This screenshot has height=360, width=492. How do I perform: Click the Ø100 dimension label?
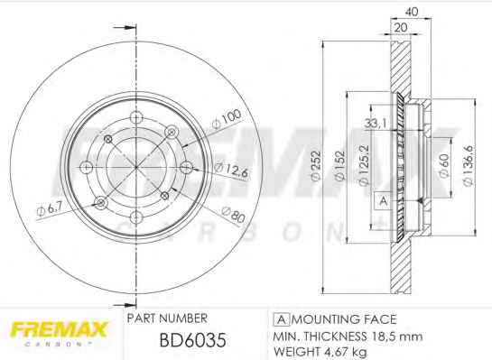click(x=227, y=119)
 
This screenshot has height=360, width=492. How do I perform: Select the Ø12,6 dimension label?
click(x=231, y=170)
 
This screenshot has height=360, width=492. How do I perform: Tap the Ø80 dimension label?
click(x=233, y=214)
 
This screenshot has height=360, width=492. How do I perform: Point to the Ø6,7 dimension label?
click(x=50, y=208)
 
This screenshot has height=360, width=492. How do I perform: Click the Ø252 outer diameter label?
click(x=316, y=166)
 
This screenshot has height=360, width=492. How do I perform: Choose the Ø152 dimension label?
click(x=340, y=166)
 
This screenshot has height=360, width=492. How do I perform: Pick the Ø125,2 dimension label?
click(x=364, y=165)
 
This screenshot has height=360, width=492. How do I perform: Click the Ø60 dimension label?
click(x=443, y=166)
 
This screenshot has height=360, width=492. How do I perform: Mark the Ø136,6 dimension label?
click(x=469, y=166)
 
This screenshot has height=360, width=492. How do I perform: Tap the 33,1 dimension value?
click(x=376, y=124)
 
